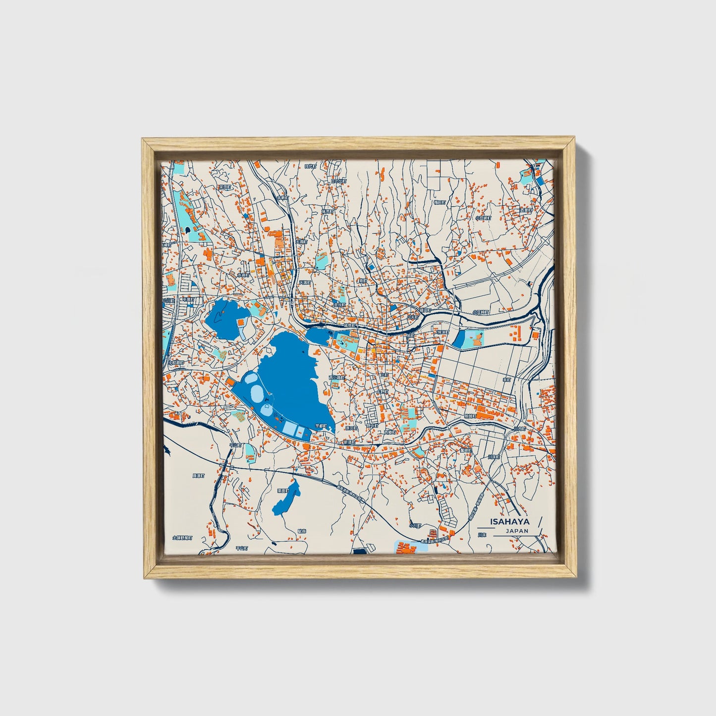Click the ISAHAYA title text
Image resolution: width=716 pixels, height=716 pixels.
point(509,521)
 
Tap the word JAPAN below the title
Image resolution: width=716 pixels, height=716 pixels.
point(517,531)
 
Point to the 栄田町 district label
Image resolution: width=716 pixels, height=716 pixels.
point(225,187)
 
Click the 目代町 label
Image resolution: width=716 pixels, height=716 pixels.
point(310,166)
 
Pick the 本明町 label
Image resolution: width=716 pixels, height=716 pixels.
point(283,197)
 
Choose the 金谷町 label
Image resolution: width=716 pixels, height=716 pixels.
point(339,305)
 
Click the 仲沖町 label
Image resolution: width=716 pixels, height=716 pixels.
point(442,332)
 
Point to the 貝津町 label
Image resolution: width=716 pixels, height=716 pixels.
point(198,476)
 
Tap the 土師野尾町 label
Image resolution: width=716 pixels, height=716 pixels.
point(182,537)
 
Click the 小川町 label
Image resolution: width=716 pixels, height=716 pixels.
point(415,525)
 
